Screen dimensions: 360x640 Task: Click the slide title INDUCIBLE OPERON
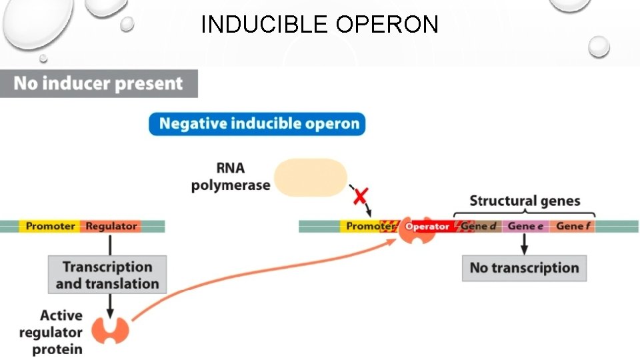point(319,25)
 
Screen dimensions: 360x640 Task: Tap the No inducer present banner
point(98,84)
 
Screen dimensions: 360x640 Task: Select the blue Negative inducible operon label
point(257,124)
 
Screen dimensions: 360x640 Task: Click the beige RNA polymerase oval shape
point(311,177)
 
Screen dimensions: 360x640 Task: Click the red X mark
point(361,196)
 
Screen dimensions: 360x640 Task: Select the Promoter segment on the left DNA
point(50,227)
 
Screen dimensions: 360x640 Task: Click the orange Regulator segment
point(111,227)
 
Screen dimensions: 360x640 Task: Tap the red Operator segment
point(427,227)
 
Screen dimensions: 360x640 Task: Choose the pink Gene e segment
point(525,227)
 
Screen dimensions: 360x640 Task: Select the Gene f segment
point(573,227)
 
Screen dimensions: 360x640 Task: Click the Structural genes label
point(525,201)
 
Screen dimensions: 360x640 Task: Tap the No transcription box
point(524,268)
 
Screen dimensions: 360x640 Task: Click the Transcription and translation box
point(107,275)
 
